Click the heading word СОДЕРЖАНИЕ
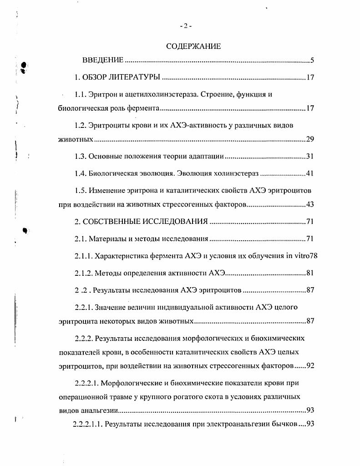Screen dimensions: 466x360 pos(193,46)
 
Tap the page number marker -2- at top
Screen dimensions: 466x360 pos(186,26)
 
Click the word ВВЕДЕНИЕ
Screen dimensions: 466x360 pos(103,61)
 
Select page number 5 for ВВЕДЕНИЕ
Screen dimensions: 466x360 pos(311,61)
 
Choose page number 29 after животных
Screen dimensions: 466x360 pos(310,139)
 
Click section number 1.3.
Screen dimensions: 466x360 pos(81,157)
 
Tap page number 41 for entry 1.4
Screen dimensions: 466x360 pos(310,173)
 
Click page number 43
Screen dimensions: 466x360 pos(310,204)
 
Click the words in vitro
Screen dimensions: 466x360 pos(297,256)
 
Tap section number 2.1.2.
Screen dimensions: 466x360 pos(84,273)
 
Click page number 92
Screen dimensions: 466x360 pos(310,365)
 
